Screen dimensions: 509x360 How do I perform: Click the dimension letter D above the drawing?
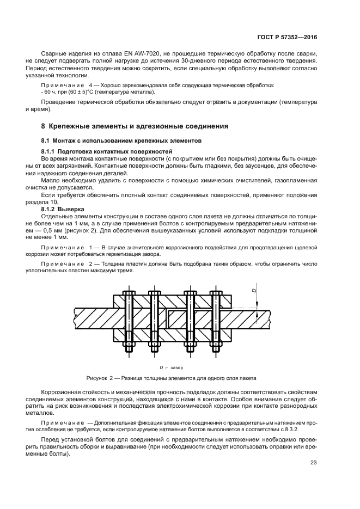point(254,291)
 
